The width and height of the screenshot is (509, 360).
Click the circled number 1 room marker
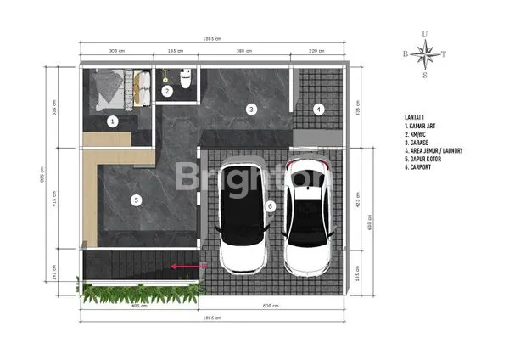click(x=112, y=121)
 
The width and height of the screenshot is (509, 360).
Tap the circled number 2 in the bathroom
click(x=167, y=90)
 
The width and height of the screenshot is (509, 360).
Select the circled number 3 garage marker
click(x=251, y=109)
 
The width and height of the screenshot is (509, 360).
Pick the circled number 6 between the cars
click(x=271, y=205)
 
